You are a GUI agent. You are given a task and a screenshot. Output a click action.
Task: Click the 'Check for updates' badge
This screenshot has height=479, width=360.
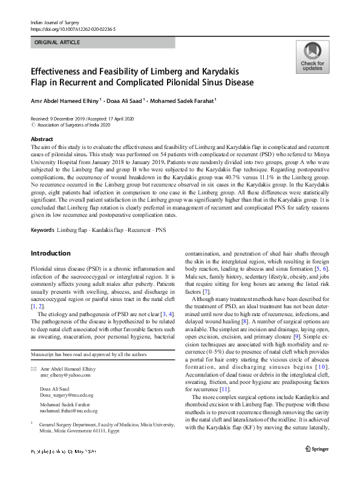click(x=312, y=58)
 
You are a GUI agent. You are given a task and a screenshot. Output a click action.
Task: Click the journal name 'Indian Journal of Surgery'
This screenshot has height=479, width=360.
click(x=55, y=22)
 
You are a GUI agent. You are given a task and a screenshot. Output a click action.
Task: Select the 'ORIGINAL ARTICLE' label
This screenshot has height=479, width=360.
click(x=57, y=43)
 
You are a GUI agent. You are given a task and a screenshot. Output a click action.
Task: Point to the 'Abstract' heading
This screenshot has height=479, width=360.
click(x=42, y=139)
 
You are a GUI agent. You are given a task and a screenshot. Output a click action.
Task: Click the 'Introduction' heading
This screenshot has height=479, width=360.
click(x=50, y=253)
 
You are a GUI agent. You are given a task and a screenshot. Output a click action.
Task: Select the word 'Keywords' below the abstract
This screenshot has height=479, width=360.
click(x=43, y=230)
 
